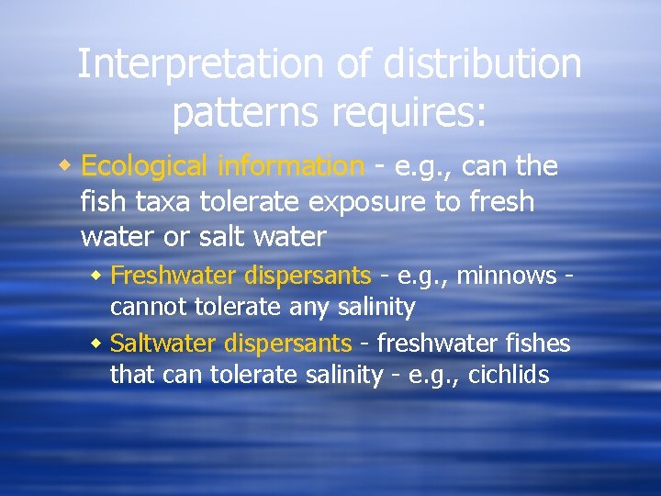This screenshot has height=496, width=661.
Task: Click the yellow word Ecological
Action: click(x=144, y=166)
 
